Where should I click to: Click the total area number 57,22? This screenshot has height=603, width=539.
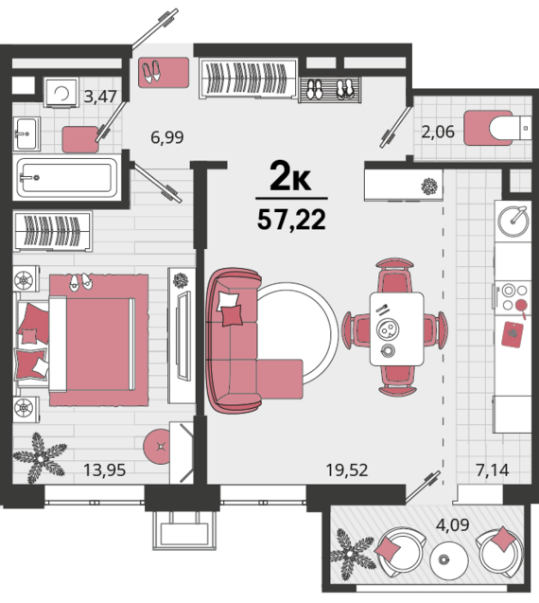pyautogui.click(x=291, y=220)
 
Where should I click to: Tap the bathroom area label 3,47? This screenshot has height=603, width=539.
pyautogui.click(x=100, y=97)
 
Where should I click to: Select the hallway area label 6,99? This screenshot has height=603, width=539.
pyautogui.click(x=167, y=137)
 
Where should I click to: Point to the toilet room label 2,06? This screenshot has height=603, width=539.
pyautogui.click(x=438, y=132)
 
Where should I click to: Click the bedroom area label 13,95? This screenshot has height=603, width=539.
pyautogui.click(x=105, y=470)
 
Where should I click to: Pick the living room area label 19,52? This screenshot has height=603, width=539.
pyautogui.click(x=347, y=470)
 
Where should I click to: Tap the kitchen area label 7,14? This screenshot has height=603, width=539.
pyautogui.click(x=493, y=470)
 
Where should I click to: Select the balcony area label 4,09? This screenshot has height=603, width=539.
pyautogui.click(x=453, y=524)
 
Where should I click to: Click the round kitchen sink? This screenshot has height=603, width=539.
pyautogui.click(x=513, y=222)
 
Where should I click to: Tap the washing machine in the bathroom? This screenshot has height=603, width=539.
pyautogui.click(x=61, y=93)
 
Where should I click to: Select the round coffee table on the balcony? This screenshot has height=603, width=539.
pyautogui.click(x=449, y=559)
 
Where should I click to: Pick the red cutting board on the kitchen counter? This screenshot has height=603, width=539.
pyautogui.click(x=513, y=334)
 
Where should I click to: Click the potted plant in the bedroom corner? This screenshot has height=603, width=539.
pyautogui.click(x=40, y=457)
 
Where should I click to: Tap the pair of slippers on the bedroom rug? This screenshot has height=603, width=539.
pyautogui.click(x=80, y=282)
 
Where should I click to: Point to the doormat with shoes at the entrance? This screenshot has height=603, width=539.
pyautogui.click(x=164, y=72)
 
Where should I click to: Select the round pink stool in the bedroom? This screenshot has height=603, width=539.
pyautogui.click(x=158, y=447)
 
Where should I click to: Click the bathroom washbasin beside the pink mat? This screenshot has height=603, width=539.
pyautogui.click(x=26, y=133)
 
